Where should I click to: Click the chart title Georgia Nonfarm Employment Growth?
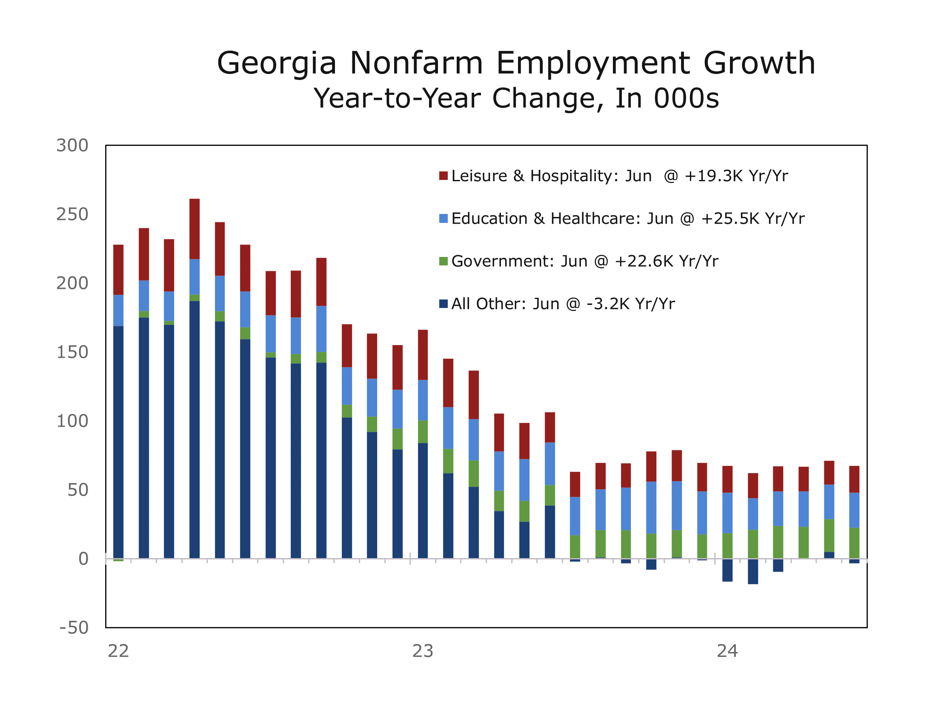[x=515, y=63]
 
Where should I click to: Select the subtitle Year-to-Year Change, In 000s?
[x=515, y=98]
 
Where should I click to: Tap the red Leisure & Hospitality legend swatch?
[x=443, y=176]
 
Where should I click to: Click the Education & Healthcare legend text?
[x=627, y=219]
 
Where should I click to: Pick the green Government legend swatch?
[x=443, y=261]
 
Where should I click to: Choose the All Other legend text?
[x=563, y=304]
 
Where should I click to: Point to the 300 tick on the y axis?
[x=72, y=145]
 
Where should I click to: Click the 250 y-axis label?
[x=72, y=214]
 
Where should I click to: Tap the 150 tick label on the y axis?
[x=72, y=352]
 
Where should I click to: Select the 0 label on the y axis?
[x=83, y=559]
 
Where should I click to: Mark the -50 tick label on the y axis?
[x=74, y=628]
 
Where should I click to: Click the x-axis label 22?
[x=118, y=651]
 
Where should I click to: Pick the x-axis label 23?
[x=423, y=651]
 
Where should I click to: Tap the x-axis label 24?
[x=727, y=651]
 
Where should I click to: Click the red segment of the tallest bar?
[x=195, y=229]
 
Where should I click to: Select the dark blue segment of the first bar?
[x=118, y=441]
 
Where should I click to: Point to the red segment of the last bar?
[x=854, y=479]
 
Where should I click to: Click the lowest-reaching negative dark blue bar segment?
[x=753, y=571]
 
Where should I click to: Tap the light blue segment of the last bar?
[x=854, y=510]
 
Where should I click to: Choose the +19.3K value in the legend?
[x=712, y=176]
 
